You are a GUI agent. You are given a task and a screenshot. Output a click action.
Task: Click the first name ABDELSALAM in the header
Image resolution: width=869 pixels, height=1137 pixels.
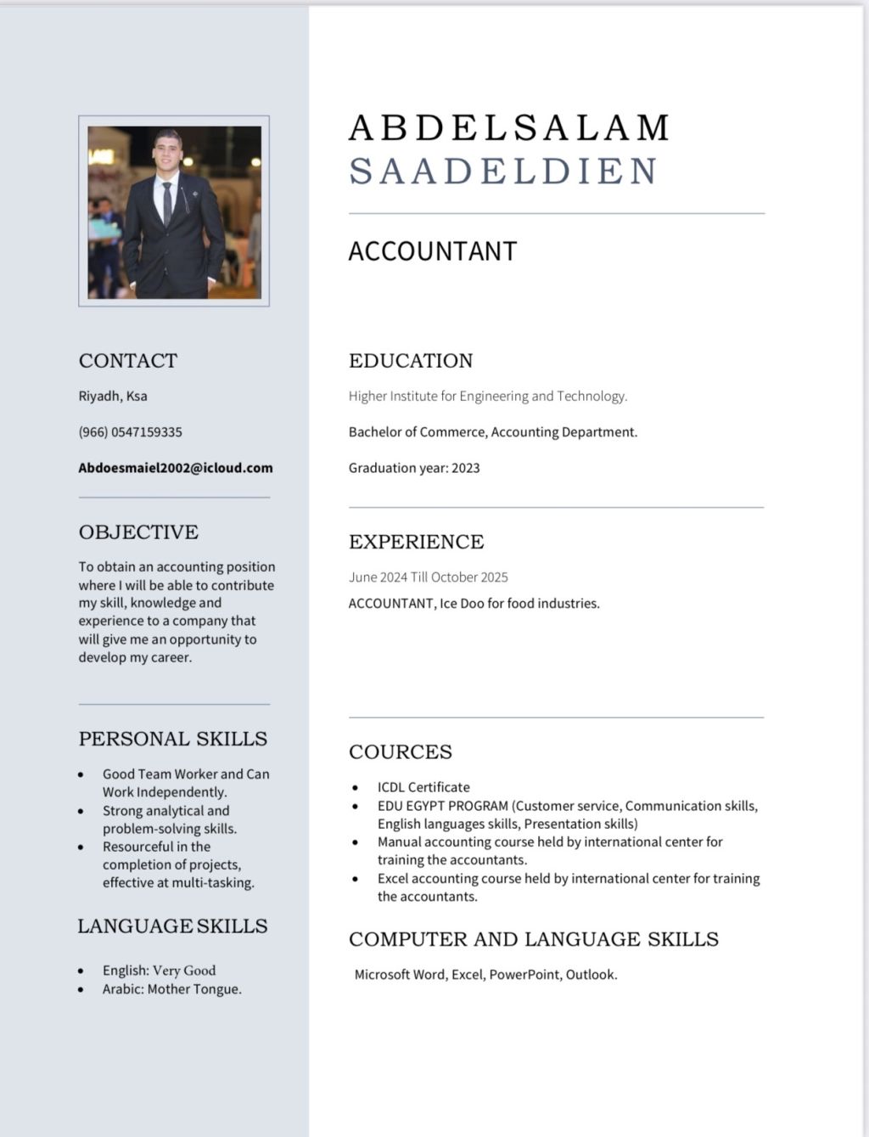click(x=509, y=128)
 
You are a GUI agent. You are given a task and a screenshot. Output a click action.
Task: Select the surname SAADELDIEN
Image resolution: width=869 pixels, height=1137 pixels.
click(x=503, y=172)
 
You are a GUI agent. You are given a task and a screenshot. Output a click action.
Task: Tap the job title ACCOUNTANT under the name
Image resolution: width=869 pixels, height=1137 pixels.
click(x=432, y=251)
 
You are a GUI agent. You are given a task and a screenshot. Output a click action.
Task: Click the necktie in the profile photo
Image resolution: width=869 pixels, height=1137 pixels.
click(x=168, y=204)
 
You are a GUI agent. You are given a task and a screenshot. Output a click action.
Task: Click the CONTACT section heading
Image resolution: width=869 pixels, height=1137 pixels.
click(x=128, y=361)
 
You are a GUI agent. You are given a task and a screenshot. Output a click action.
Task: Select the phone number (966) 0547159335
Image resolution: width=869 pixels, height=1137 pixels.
click(x=130, y=432)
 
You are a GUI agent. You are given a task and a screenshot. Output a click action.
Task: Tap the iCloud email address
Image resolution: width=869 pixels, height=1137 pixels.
click(x=176, y=468)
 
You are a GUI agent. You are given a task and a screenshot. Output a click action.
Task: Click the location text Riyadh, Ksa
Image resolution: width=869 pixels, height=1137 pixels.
click(x=113, y=396)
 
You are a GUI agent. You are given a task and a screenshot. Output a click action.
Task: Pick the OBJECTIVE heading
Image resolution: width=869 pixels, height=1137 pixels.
click(x=138, y=532)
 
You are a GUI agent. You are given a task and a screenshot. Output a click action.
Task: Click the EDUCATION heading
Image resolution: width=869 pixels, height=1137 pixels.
click(x=411, y=361)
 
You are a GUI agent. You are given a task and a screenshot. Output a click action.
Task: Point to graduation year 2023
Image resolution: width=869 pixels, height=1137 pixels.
click(x=465, y=468)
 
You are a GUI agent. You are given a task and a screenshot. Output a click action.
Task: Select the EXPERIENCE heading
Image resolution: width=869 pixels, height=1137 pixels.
click(x=416, y=542)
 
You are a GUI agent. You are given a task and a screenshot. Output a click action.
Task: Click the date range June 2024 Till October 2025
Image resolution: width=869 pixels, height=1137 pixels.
click(x=428, y=577)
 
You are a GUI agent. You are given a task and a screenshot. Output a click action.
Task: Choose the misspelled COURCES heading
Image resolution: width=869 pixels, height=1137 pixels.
click(x=400, y=752)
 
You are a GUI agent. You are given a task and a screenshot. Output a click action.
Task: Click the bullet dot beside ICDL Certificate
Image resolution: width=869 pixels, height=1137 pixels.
click(x=356, y=788)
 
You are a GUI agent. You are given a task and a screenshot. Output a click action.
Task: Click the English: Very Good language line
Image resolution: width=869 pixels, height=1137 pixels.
click(x=159, y=971)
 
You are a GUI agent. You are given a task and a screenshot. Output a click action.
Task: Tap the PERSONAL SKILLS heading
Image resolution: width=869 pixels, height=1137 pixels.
click(x=172, y=739)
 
